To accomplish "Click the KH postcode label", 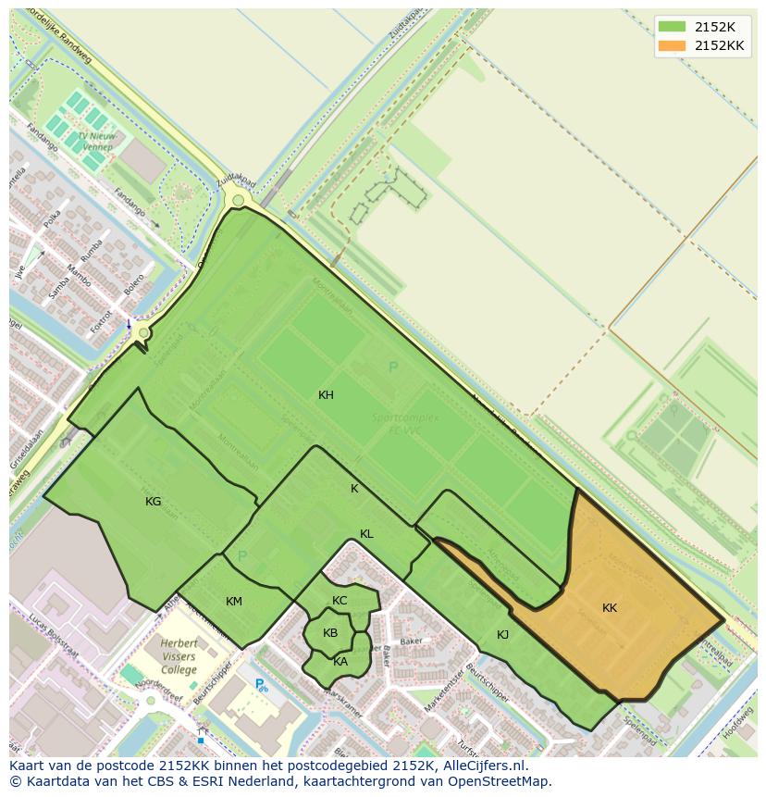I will [326, 395].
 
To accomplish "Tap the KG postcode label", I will [154, 502].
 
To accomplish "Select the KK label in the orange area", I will [610, 608].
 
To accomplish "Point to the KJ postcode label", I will [503, 635].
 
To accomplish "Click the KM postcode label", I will [234, 602].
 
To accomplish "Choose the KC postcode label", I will [340, 601].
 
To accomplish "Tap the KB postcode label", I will [330, 633].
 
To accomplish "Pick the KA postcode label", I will [340, 662].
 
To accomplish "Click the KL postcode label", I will [366, 534].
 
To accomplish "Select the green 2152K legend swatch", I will [673, 27].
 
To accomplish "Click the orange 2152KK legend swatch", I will [673, 45].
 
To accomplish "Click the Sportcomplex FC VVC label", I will [405, 423].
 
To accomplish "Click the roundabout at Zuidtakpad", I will [239, 200].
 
